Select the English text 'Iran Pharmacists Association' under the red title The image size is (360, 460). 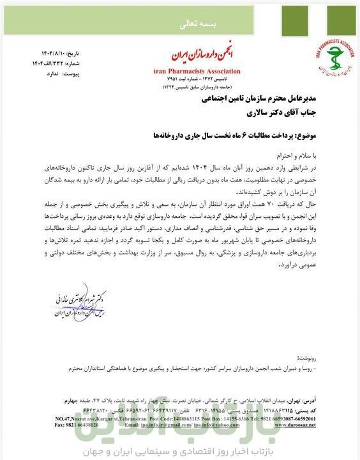point(197,71)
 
